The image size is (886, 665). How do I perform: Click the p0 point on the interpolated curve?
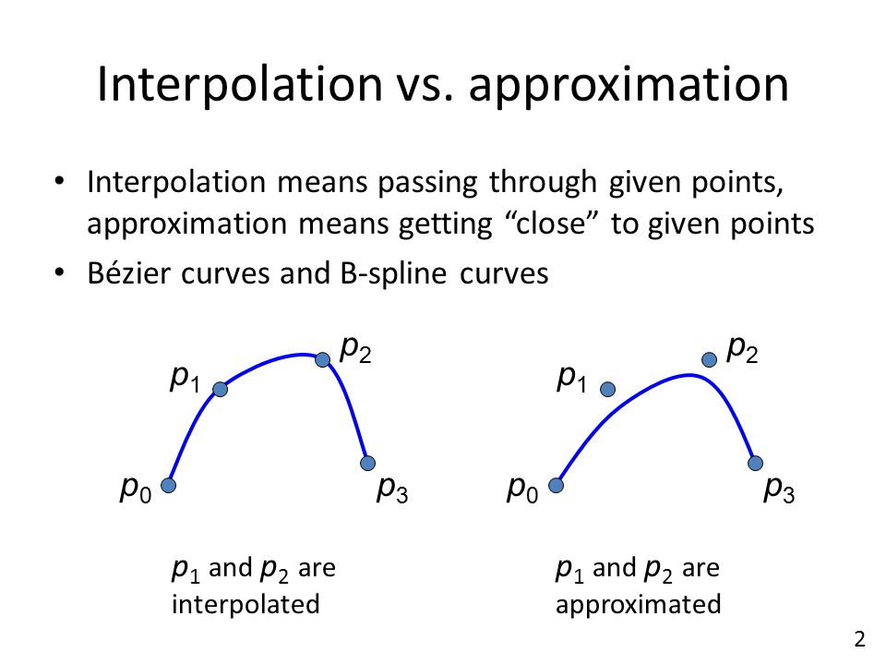(x=168, y=485)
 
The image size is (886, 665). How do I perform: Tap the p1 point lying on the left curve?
(x=221, y=389)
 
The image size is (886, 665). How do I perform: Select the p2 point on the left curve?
(x=323, y=359)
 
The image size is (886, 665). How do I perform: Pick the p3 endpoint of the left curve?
(x=368, y=463)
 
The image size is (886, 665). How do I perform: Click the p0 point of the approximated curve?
(x=556, y=485)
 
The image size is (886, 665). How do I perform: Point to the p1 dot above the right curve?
(x=608, y=389)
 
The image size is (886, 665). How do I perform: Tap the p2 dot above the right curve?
(x=709, y=359)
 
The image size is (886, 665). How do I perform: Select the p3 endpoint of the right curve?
(x=756, y=463)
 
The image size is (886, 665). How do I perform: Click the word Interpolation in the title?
(x=240, y=85)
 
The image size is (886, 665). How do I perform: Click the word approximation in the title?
(x=629, y=86)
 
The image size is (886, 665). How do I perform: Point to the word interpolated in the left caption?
(x=245, y=604)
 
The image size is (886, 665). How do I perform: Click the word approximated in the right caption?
(x=639, y=605)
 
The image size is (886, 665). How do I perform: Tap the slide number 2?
(x=860, y=639)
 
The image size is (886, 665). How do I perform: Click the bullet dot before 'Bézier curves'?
(x=59, y=272)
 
